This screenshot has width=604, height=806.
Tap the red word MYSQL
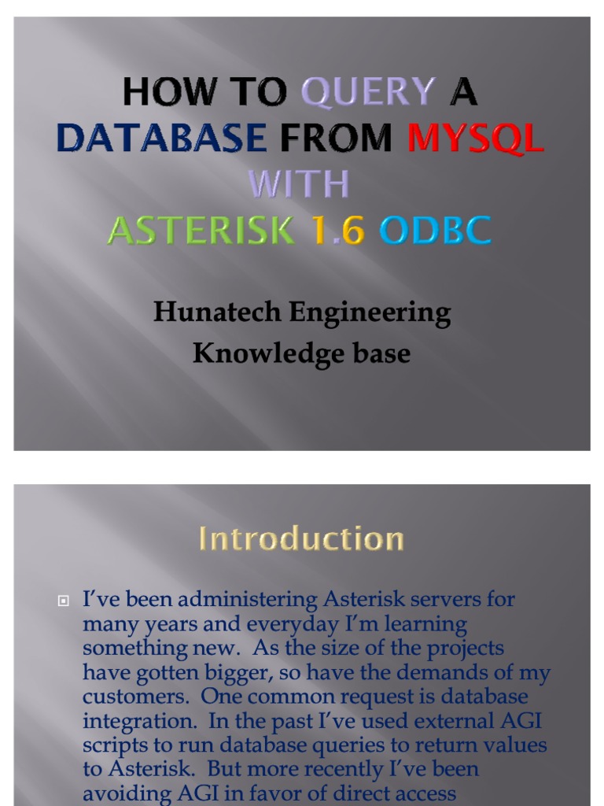coord(475,139)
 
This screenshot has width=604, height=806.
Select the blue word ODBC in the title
coord(435,231)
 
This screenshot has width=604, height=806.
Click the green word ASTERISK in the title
coord(201,231)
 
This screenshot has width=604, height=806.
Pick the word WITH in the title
coord(299,185)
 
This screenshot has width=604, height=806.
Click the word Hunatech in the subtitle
coord(216,312)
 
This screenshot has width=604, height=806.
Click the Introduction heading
coord(301,539)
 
